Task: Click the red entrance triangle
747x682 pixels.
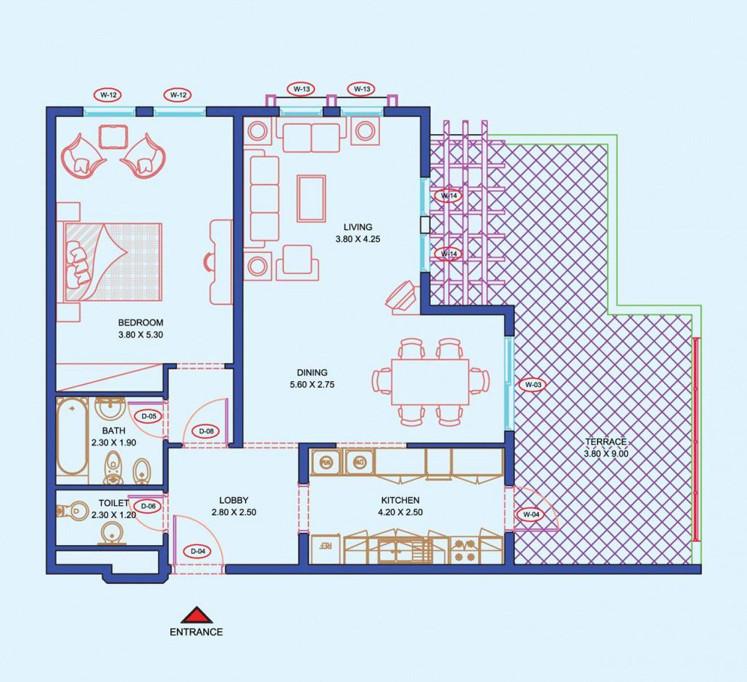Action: pyautogui.click(x=197, y=615)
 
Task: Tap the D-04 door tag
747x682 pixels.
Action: pyautogui.click(x=198, y=552)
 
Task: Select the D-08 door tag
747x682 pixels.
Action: pyautogui.click(x=206, y=432)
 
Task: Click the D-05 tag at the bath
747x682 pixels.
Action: pyautogui.click(x=149, y=416)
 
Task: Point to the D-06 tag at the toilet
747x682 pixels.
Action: pyautogui.click(x=148, y=507)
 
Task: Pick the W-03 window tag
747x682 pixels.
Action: pyautogui.click(x=533, y=384)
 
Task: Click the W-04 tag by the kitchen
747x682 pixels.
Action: pyautogui.click(x=531, y=514)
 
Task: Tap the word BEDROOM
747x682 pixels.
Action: pyautogui.click(x=141, y=323)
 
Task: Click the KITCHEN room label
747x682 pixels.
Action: pyautogui.click(x=400, y=500)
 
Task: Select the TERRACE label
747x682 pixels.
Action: pyautogui.click(x=606, y=441)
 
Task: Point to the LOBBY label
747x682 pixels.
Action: pyautogui.click(x=234, y=500)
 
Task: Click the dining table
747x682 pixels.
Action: pyautogui.click(x=430, y=382)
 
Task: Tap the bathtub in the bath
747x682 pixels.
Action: pyautogui.click(x=72, y=437)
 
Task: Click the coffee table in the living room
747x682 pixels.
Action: pyautogui.click(x=312, y=199)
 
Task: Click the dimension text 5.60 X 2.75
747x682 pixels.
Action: pyautogui.click(x=312, y=385)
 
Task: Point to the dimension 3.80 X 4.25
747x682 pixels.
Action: pyautogui.click(x=358, y=239)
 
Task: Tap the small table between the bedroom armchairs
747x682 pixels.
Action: pyautogui.click(x=113, y=137)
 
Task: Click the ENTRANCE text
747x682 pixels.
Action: pyautogui.click(x=197, y=632)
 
